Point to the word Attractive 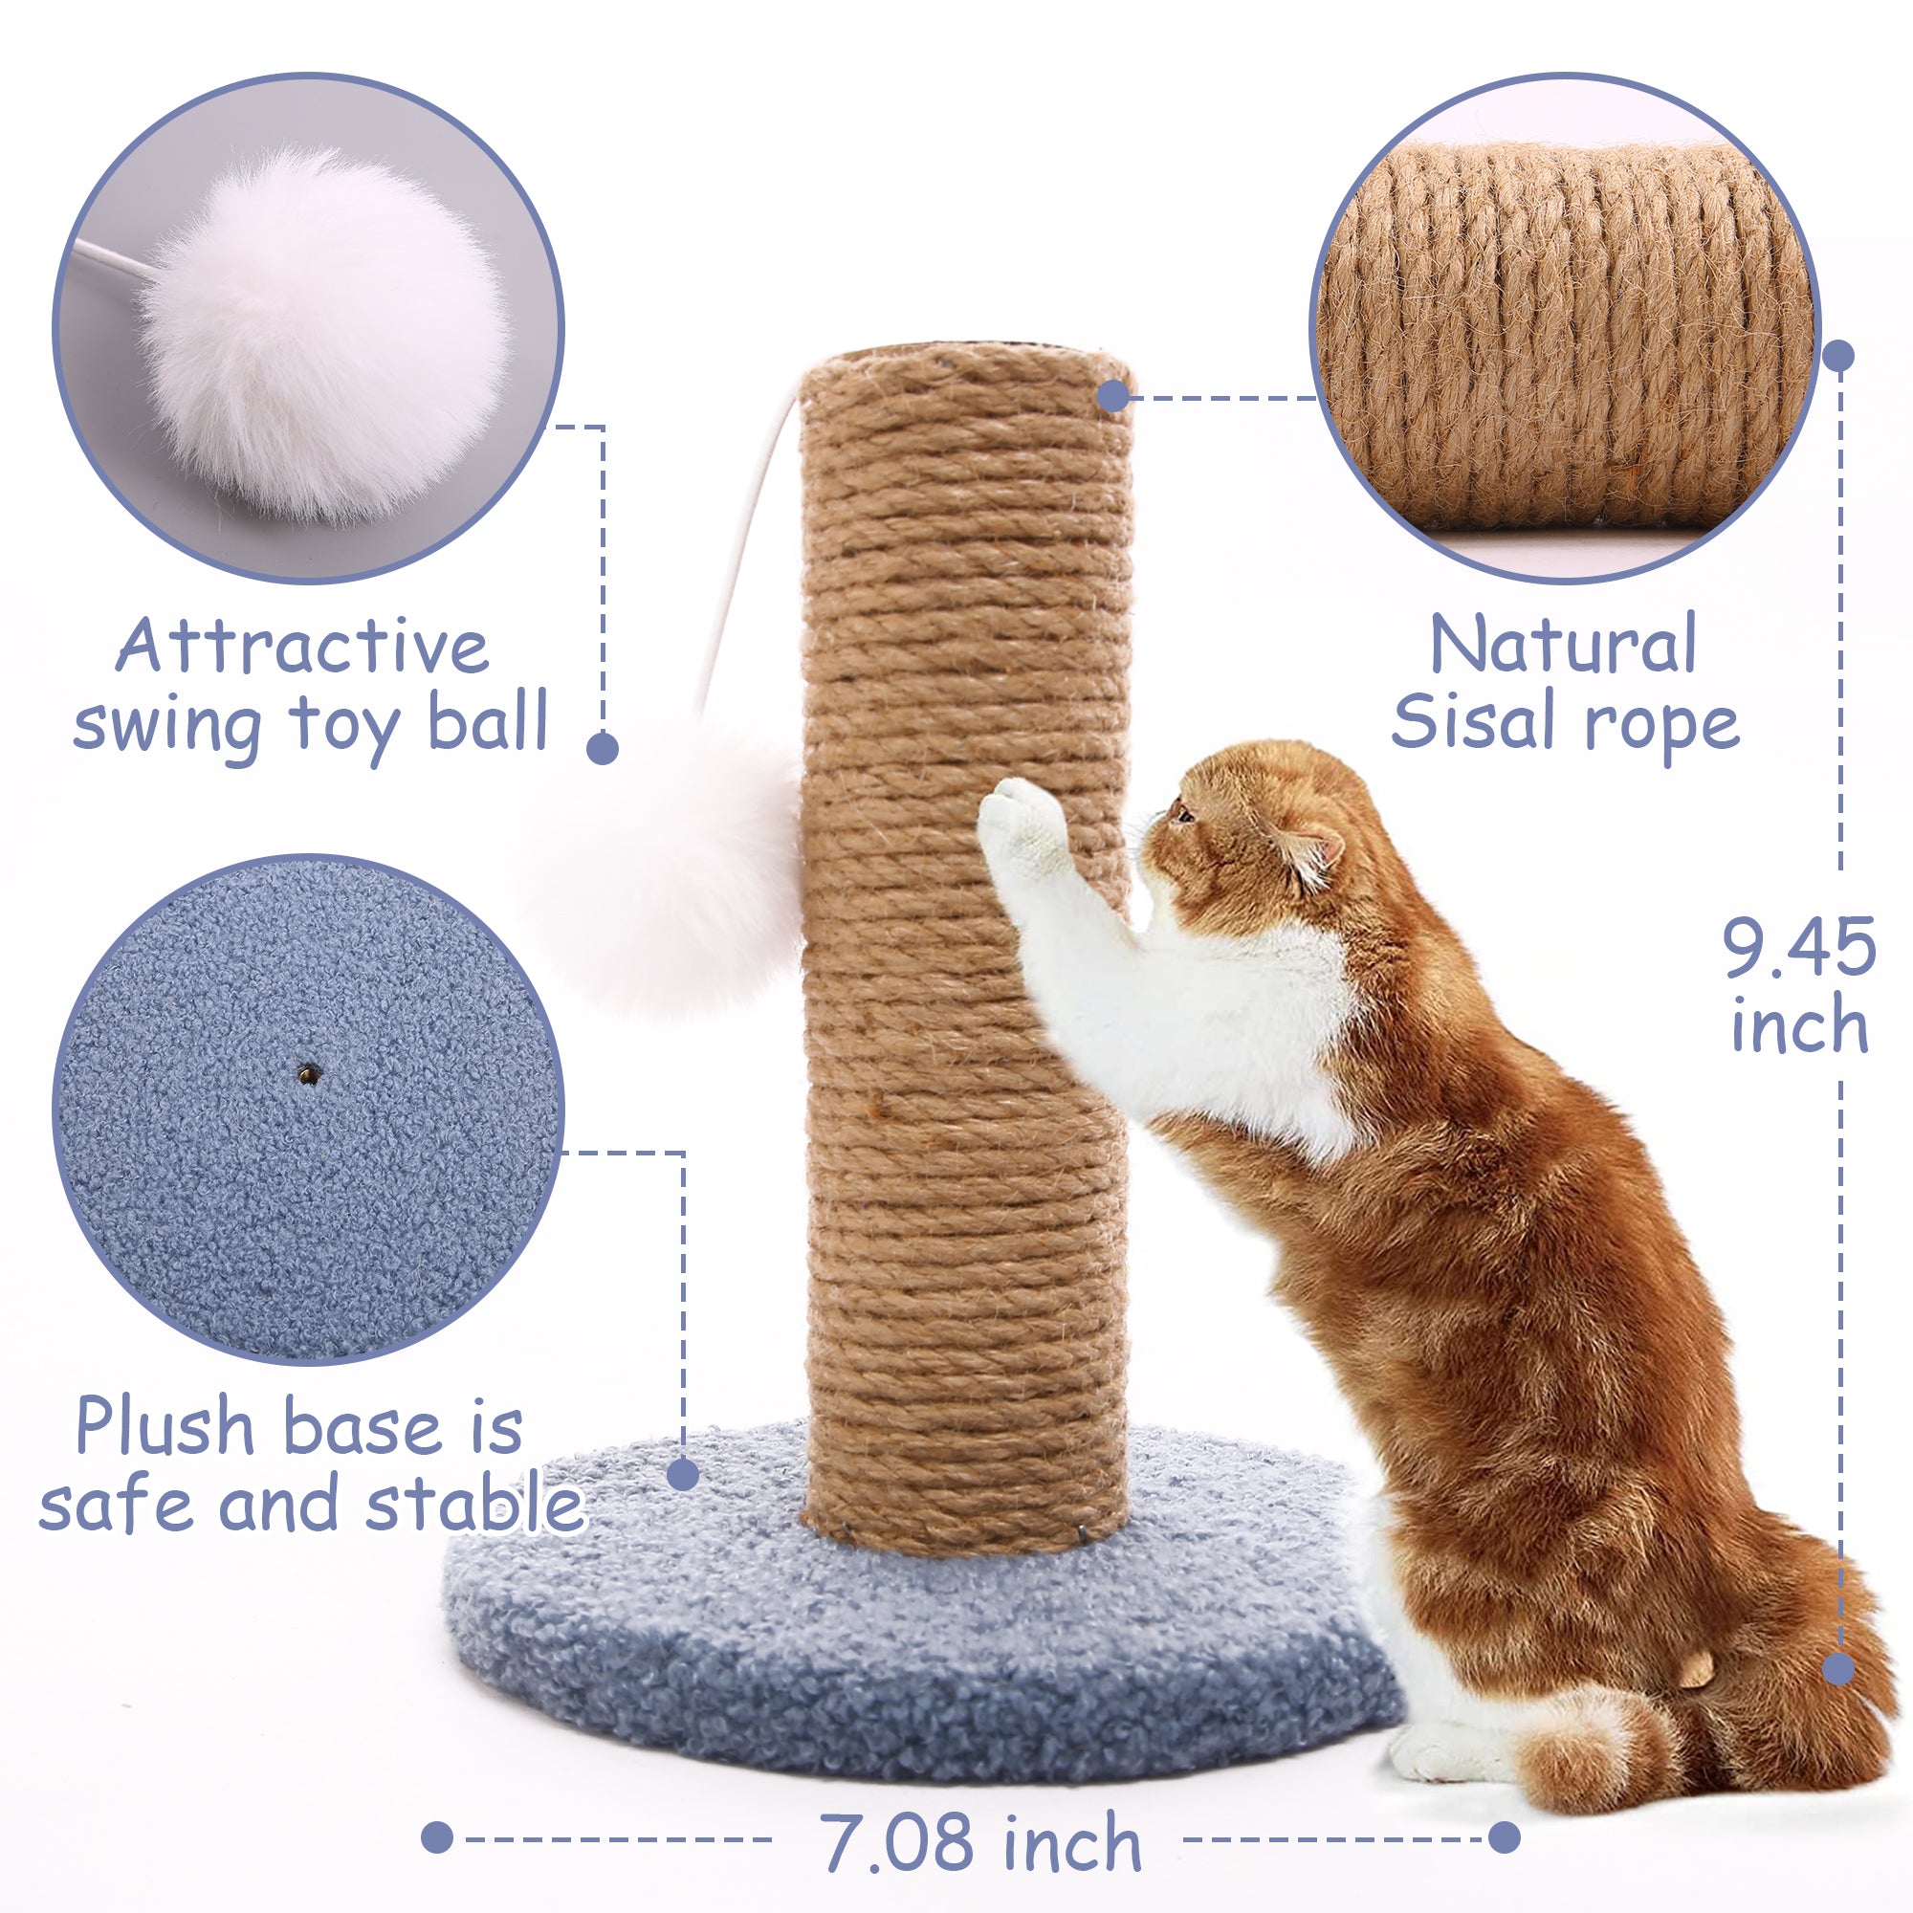pos(302,647)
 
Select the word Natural pos(1564,645)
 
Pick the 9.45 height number pos(1798,948)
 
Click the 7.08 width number pos(896,1840)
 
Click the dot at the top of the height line pos(1838,356)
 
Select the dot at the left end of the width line pos(437,1837)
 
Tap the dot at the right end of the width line pos(1504,1837)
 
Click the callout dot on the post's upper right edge pos(1114,397)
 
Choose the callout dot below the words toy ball pos(602,748)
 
